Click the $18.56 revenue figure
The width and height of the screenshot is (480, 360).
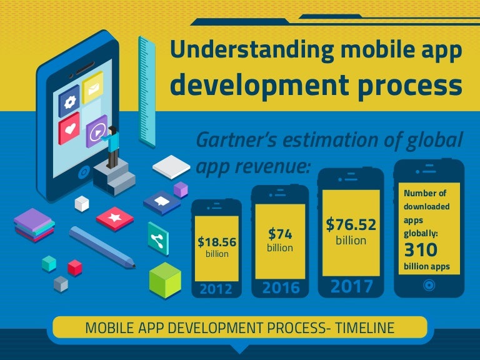tap(217, 242)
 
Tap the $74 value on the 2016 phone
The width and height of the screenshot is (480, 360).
tap(280, 234)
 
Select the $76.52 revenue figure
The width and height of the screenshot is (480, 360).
tap(351, 224)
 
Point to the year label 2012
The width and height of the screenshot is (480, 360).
tap(216, 289)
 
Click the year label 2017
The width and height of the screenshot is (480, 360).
tap(351, 286)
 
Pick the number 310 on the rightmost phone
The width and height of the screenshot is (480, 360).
tap(421, 250)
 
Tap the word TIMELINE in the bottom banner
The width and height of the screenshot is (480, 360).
tap(364, 328)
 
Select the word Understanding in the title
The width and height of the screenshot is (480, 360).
tap(252, 50)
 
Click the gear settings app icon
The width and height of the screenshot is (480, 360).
tap(69, 102)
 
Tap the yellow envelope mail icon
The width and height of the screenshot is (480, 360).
tap(92, 88)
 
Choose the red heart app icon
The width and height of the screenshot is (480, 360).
tap(69, 129)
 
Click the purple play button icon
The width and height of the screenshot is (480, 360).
tap(97, 132)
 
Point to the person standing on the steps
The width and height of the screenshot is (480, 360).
tap(112, 147)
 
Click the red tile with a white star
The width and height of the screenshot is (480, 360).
tap(115, 219)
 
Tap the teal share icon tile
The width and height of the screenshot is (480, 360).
tap(158, 239)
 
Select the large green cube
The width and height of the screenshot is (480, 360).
tap(165, 280)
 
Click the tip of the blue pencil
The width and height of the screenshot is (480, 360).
tap(134, 267)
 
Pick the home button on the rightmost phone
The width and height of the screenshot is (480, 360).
tap(429, 286)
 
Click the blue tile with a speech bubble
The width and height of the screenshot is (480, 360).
tap(162, 202)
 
